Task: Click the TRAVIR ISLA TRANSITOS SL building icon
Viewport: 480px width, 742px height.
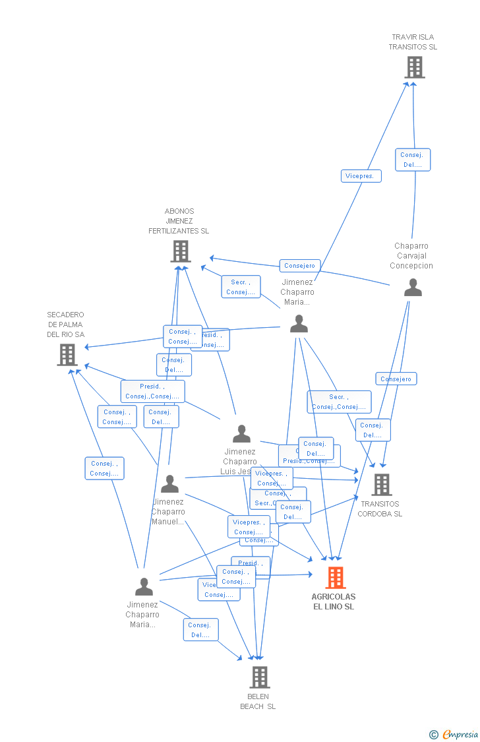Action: (414, 67)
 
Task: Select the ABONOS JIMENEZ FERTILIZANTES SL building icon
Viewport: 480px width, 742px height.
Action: (180, 251)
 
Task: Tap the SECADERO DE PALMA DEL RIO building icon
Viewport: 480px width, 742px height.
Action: (67, 355)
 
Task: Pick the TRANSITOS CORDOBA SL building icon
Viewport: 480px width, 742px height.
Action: (381, 485)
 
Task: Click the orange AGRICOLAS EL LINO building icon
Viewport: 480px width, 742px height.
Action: (335, 578)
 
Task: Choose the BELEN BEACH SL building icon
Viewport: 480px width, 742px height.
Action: (259, 677)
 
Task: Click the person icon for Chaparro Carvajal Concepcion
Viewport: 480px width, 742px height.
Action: (413, 288)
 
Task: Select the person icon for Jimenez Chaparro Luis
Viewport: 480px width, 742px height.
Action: (241, 434)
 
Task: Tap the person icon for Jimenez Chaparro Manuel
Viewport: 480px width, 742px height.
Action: (169, 484)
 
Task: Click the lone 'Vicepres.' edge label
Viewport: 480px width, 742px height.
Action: (361, 176)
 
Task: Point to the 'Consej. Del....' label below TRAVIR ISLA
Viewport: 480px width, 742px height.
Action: (413, 160)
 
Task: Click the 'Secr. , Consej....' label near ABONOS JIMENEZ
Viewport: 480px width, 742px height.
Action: (241, 287)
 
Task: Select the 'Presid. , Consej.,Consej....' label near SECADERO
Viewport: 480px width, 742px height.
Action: (152, 391)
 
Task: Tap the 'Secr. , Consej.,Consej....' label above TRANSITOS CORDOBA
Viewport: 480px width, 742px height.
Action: (339, 402)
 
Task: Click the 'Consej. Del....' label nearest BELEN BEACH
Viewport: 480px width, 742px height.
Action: (200, 630)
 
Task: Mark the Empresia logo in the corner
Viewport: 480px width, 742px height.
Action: (454, 734)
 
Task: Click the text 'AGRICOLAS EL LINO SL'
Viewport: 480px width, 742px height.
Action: (334, 602)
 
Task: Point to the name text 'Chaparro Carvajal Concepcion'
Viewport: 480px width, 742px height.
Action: (411, 256)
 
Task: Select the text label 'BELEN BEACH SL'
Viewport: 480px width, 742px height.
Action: (258, 701)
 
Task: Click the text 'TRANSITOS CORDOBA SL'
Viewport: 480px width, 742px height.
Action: (380, 509)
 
